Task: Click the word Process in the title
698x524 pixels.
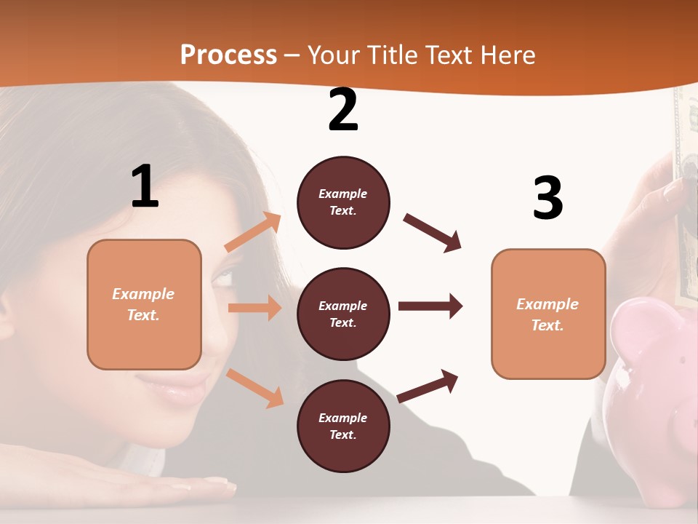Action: [228, 55]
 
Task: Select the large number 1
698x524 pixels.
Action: [145, 186]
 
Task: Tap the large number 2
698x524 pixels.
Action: [343, 110]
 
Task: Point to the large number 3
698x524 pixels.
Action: [547, 198]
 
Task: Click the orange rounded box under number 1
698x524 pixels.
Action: [144, 304]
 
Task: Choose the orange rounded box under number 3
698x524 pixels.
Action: [548, 314]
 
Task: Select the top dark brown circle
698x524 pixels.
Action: [343, 202]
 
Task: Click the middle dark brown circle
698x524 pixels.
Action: [343, 314]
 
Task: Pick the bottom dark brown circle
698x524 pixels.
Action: [343, 426]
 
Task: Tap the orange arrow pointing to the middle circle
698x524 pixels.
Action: [254, 308]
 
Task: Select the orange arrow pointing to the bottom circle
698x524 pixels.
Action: [254, 387]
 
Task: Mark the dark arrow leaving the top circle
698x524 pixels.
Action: [433, 233]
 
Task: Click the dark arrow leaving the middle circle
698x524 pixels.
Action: [430, 306]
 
